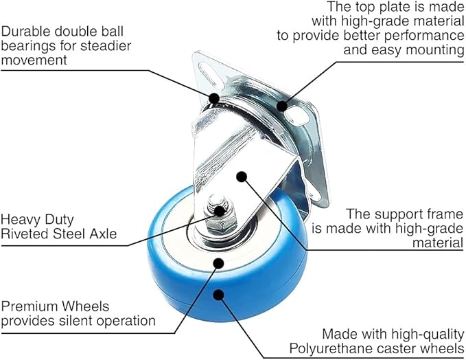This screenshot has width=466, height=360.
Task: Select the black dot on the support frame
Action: pos(241,177)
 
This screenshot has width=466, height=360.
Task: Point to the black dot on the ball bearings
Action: pos(214,98)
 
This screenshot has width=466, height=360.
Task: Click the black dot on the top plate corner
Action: pos(282,105)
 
